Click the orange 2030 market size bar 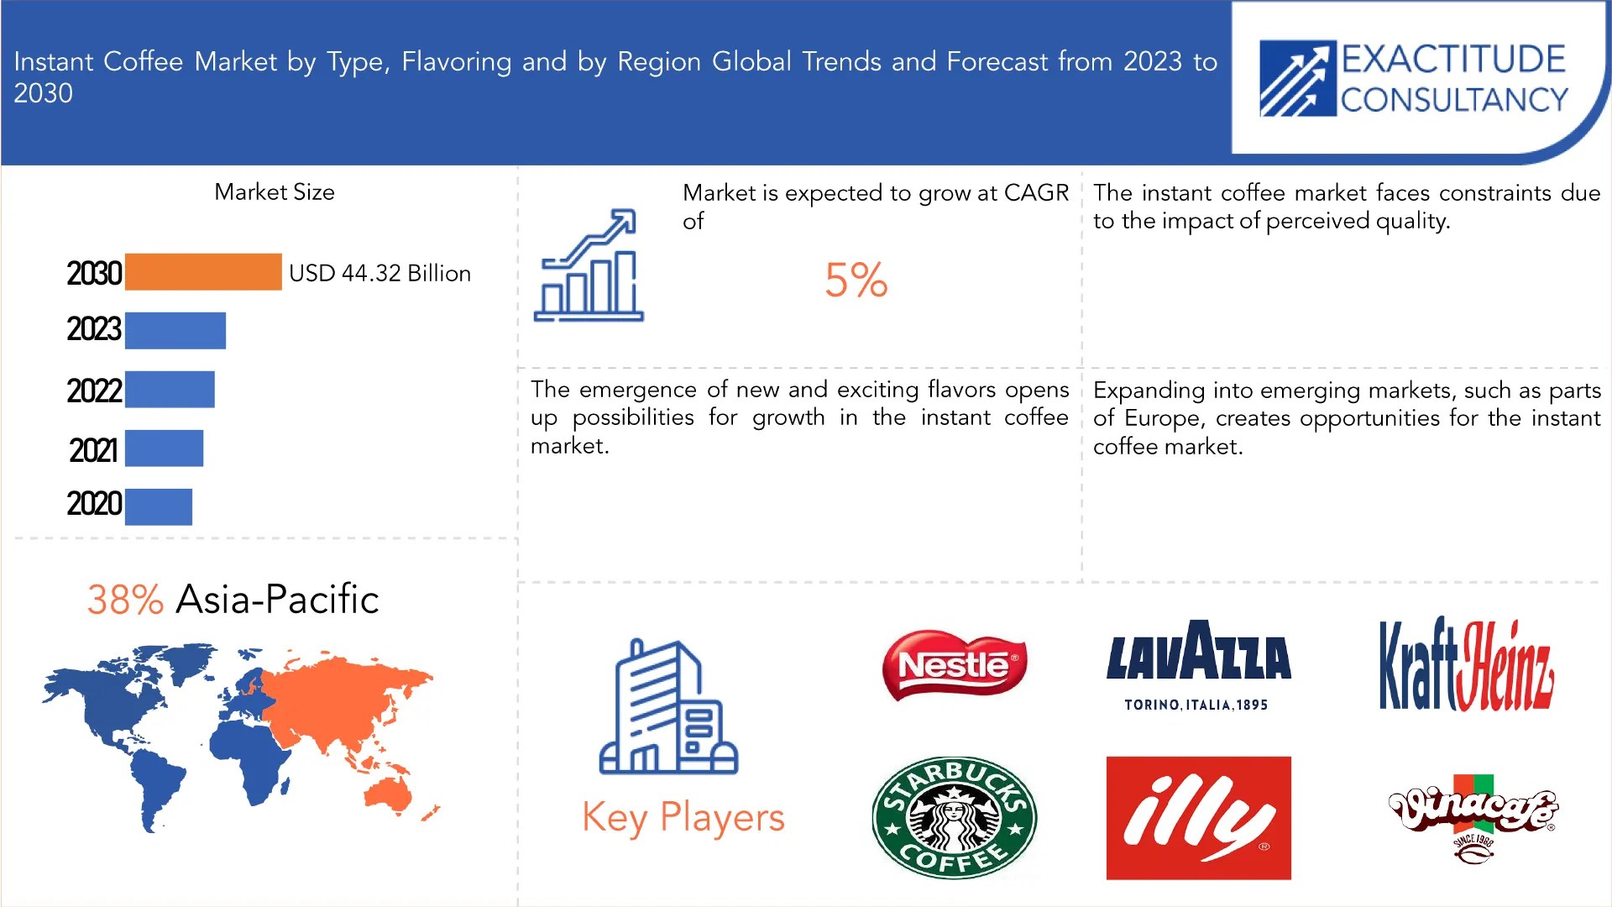pos(203,272)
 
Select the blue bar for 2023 pos(175,330)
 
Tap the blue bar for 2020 pos(159,506)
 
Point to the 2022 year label pos(94,391)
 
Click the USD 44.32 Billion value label pos(379,273)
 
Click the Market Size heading pos(275,192)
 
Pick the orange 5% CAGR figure pos(856,280)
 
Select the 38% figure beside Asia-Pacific pos(125,600)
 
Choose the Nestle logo pos(955,665)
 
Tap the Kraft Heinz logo pos(1466,665)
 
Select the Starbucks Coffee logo pos(955,817)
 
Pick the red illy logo pos(1198,818)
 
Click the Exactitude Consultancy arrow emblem pos(1297,79)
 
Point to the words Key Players pos(683,817)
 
